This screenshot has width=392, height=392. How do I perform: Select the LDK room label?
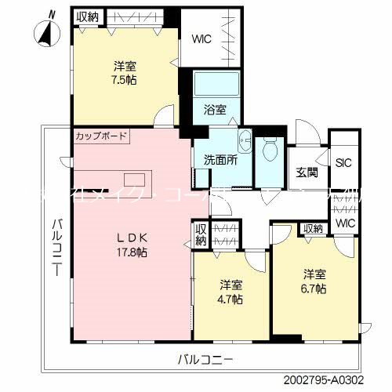tap(132, 238)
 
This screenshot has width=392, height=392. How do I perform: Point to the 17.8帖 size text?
tap(132, 252)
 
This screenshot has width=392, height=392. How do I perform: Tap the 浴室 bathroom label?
tap(216, 110)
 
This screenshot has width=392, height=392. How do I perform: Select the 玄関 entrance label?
tap(307, 172)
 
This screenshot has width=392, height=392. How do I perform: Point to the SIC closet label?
tap(343, 163)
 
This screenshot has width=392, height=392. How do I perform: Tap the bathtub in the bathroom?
tap(214, 83)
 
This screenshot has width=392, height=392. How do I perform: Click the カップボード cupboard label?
tap(100, 136)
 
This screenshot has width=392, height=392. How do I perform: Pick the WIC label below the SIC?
tap(345, 223)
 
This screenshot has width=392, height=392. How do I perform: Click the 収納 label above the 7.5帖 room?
tap(86, 16)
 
